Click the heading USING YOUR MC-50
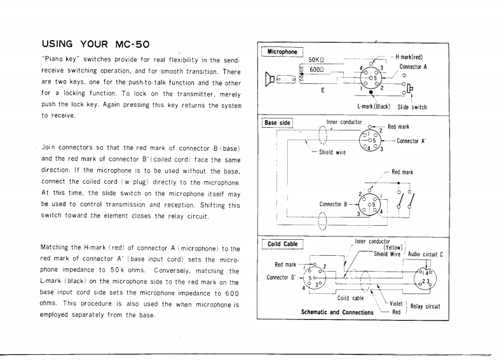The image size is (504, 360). point(95,45)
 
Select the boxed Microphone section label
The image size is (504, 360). point(282,52)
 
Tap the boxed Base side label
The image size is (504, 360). point(277,122)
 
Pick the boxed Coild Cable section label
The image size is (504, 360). point(282,244)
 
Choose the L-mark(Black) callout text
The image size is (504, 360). point(373,107)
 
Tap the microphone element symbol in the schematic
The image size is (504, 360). point(271,80)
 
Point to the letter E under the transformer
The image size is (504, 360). point(322,90)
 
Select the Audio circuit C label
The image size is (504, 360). point(425,253)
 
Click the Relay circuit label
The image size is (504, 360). point(425,306)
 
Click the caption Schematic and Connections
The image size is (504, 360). point(337,312)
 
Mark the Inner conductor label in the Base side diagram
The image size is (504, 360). point(344,121)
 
